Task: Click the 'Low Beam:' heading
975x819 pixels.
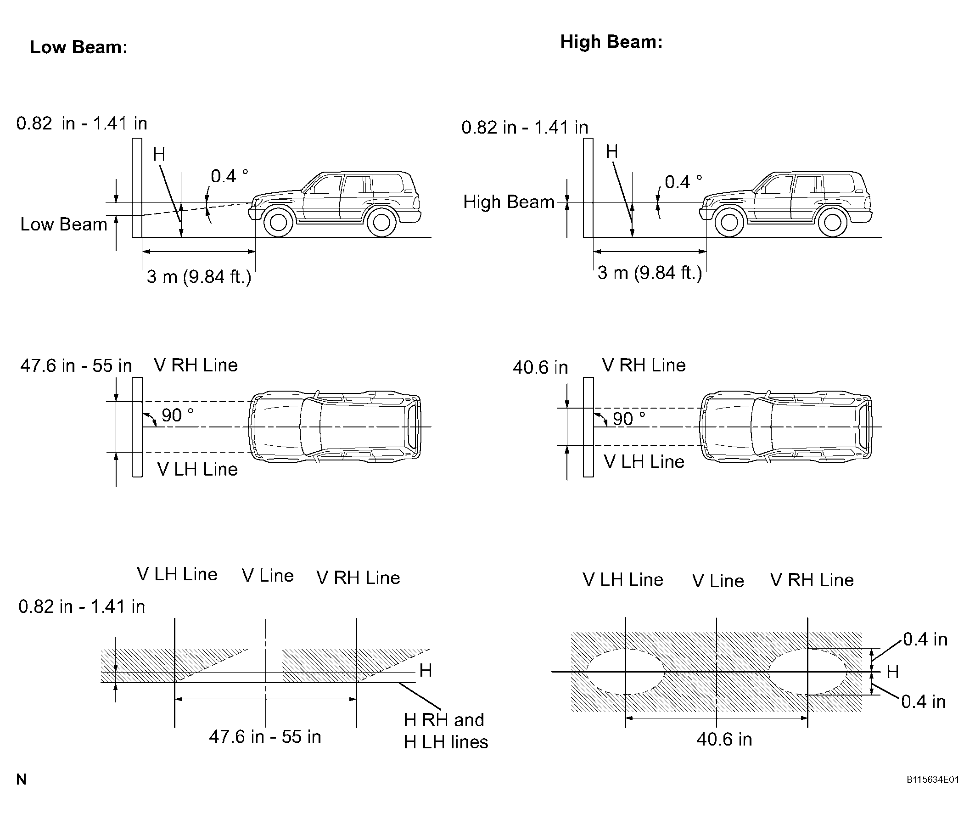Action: coord(78,47)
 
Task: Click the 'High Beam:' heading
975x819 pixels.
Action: coord(611,42)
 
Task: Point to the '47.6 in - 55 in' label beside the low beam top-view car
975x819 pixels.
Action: coord(76,366)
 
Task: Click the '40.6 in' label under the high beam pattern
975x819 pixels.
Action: coord(724,740)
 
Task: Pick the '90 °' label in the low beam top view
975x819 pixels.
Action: coord(177,415)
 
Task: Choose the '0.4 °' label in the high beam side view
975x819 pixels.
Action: coord(684,181)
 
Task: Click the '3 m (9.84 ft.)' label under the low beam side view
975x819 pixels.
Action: coord(199,277)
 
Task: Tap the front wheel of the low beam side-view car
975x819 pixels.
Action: coord(278,222)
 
